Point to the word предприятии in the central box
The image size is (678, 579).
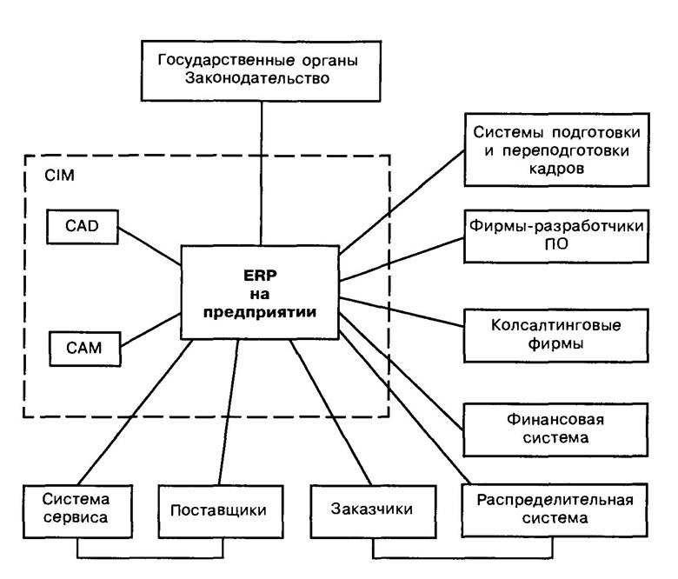pyautogui.click(x=260, y=313)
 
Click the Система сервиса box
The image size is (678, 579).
pyautogui.click(x=76, y=509)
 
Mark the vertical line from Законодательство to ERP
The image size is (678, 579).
pyautogui.click(x=259, y=174)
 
